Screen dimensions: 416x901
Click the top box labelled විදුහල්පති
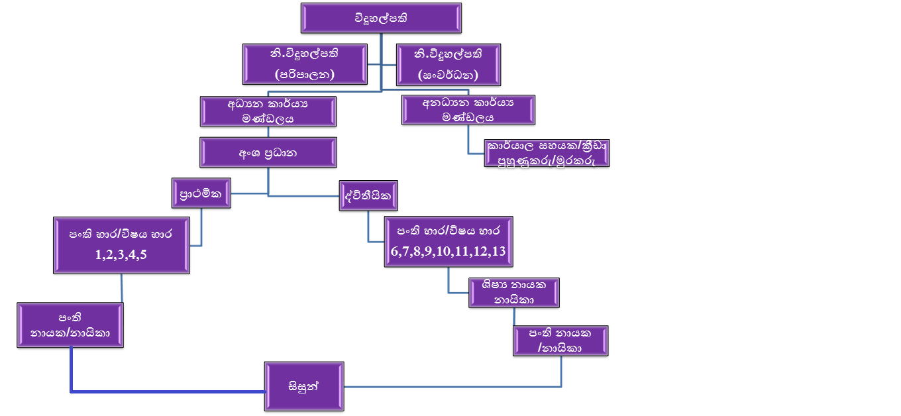tap(381, 18)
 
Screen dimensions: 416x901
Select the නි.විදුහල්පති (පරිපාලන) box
tap(305, 64)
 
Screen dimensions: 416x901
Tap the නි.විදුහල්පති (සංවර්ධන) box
tap(448, 64)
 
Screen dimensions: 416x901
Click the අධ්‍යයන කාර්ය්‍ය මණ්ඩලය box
tap(268, 111)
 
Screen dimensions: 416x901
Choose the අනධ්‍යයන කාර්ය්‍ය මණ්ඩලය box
tap(468, 110)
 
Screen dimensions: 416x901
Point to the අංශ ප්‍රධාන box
tap(268, 152)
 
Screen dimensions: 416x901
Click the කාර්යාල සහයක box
tap(547, 153)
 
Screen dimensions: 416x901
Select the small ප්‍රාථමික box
tap(201, 193)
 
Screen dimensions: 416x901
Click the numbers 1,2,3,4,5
tap(121, 253)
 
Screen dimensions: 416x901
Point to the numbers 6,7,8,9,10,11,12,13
tap(449, 250)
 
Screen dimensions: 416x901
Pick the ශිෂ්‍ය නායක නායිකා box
tap(514, 292)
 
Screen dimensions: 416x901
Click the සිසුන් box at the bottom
tap(304, 386)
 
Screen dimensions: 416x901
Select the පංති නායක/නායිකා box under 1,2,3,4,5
tap(70, 325)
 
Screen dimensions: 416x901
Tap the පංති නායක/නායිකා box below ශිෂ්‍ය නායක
tap(561, 340)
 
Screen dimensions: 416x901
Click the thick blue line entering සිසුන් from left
tap(166, 391)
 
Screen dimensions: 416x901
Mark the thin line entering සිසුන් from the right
tap(450, 386)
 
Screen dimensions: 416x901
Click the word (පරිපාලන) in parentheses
tap(305, 74)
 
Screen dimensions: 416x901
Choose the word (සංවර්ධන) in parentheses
tap(448, 74)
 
